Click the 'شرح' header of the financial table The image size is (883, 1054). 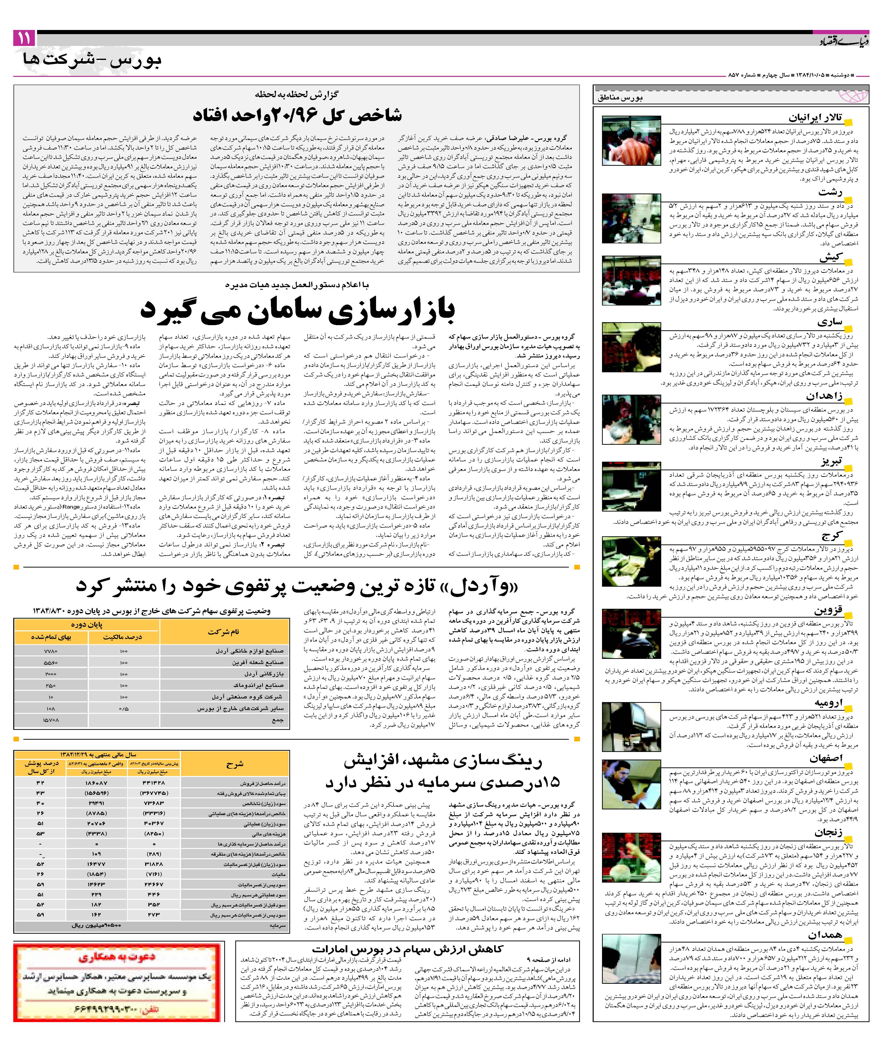tap(235, 764)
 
